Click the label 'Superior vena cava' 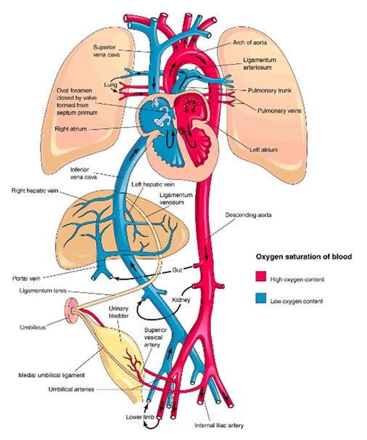[107, 51]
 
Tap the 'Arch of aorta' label [250, 43]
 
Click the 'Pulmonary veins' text [279, 110]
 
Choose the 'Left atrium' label [263, 150]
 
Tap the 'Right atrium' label [71, 129]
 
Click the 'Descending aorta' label [248, 215]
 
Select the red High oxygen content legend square [260, 277]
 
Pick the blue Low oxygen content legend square [260, 298]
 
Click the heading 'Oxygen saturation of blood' [304, 256]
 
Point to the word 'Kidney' [181, 300]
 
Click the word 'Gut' [177, 270]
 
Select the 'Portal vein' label [26, 279]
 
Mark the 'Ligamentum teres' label [43, 290]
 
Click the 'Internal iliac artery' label [219, 425]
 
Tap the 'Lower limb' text [140, 417]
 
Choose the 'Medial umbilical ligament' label [51, 375]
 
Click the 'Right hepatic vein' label [35, 191]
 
